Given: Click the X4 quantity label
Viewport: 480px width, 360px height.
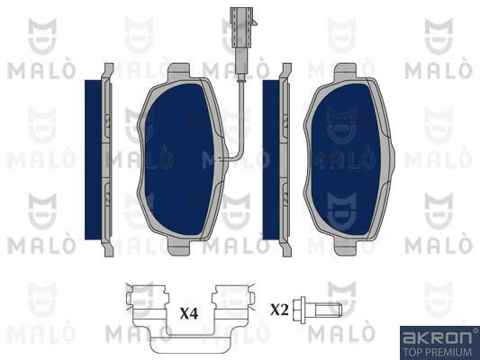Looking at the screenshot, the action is pos(189,313).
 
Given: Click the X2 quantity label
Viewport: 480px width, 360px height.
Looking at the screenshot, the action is pos(279,310).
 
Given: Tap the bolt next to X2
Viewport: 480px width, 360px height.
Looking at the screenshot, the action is pos(317,310).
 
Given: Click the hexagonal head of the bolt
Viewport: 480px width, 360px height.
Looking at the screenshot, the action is pos(299,310).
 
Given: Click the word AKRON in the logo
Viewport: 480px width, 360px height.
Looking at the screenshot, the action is pos(437,337).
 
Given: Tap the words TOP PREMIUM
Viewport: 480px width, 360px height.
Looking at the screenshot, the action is pos(437,352).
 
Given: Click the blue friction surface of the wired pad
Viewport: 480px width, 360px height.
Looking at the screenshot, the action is pos(179,159).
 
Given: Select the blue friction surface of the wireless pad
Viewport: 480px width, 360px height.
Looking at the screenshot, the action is pos(346,159).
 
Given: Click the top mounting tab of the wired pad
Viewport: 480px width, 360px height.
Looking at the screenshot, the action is pos(179,71).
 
